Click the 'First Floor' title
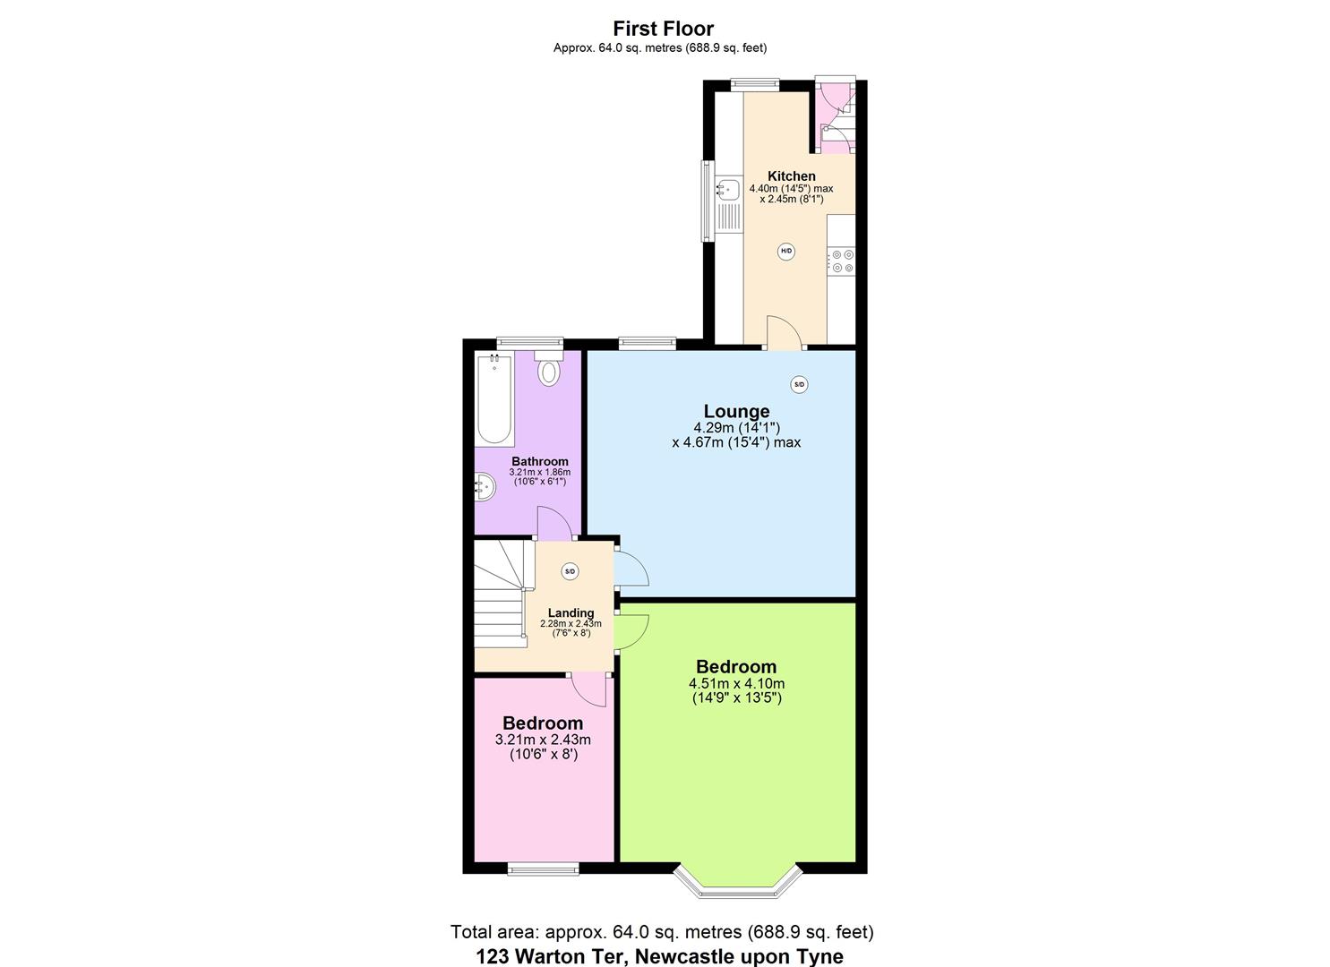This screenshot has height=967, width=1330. pyautogui.click(x=664, y=29)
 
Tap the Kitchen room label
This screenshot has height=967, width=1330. pyautogui.click(x=792, y=176)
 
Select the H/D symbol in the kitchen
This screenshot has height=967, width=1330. pyautogui.click(x=786, y=252)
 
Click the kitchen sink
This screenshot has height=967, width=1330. pyautogui.click(x=727, y=190)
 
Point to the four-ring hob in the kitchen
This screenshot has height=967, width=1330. pyautogui.click(x=842, y=261)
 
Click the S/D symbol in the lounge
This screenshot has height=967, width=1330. pyautogui.click(x=799, y=384)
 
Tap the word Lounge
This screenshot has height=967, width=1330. pyautogui.click(x=736, y=411)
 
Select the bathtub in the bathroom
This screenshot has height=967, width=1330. pyautogui.click(x=494, y=399)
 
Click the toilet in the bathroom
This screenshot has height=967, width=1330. pyautogui.click(x=548, y=369)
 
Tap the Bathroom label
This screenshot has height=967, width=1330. pyautogui.click(x=540, y=462)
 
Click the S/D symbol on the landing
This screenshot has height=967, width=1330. pyautogui.click(x=571, y=571)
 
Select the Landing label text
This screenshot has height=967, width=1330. pyautogui.click(x=571, y=613)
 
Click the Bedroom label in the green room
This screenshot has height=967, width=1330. pyautogui.click(x=736, y=667)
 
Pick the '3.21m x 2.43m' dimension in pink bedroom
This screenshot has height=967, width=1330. pyautogui.click(x=543, y=740)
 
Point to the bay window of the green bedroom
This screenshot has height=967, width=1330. pyautogui.click(x=737, y=882)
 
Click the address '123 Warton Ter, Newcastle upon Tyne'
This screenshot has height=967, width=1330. pyautogui.click(x=659, y=956)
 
